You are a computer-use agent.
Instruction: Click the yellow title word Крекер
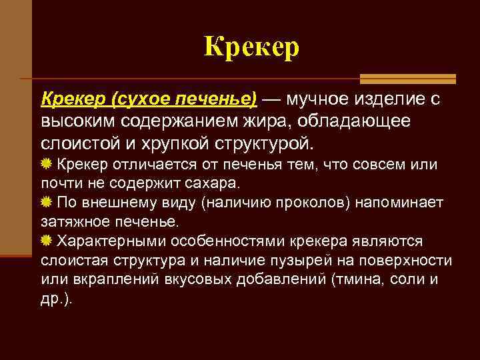[251, 47]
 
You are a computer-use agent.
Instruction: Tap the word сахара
[216, 182]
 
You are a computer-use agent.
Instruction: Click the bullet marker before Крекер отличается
[47, 164]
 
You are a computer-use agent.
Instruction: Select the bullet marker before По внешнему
[47, 203]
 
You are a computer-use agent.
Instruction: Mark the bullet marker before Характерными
[47, 241]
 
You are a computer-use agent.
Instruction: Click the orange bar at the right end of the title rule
[433, 79]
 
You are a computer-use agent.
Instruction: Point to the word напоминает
[407, 202]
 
